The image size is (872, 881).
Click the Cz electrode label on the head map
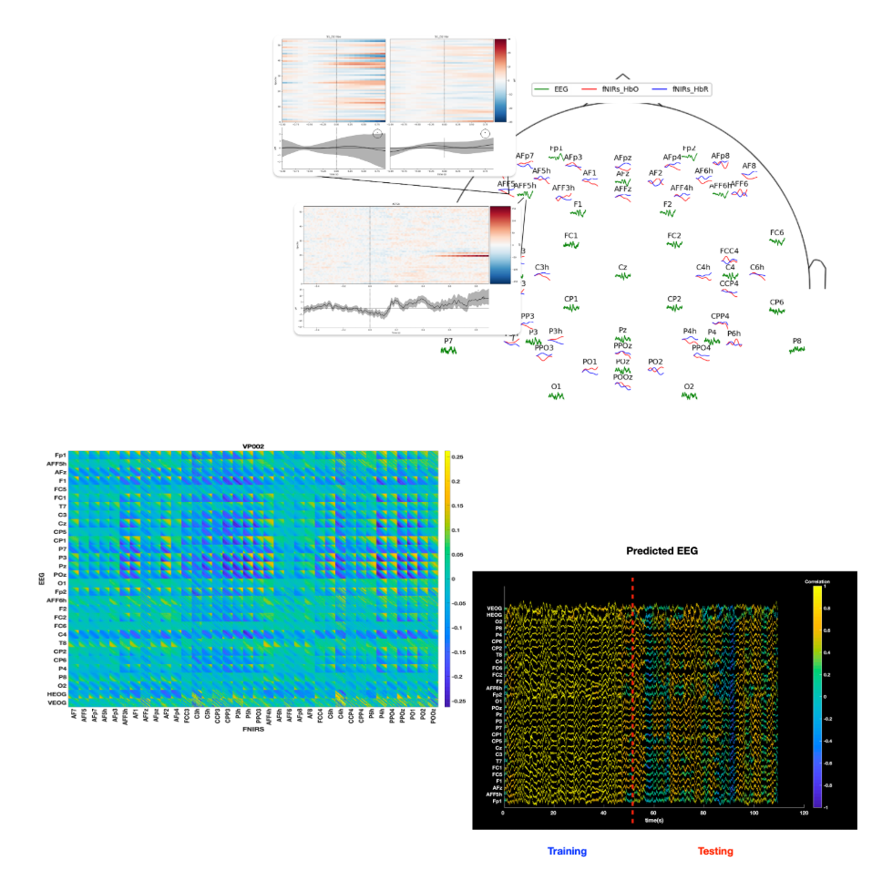point(622,268)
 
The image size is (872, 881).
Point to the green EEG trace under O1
point(556,396)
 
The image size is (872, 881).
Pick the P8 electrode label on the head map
point(797,342)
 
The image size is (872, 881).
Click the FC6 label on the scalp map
point(777,233)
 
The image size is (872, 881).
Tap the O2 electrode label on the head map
point(689,386)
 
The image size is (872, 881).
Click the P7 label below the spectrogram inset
point(448,341)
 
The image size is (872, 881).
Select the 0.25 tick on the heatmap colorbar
point(458,456)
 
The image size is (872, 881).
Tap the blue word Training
point(567,851)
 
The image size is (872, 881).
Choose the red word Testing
point(715,851)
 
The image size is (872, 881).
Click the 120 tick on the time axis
point(802,813)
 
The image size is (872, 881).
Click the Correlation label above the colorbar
point(816,580)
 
